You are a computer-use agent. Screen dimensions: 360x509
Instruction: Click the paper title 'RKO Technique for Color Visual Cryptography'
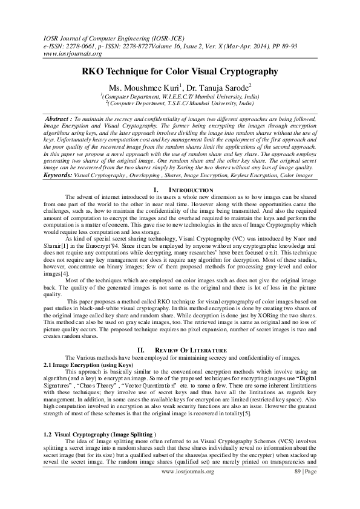point(180,71)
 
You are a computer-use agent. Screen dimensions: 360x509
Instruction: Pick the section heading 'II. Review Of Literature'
point(180,350)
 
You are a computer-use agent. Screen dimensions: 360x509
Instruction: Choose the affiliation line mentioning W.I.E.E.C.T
point(180,97)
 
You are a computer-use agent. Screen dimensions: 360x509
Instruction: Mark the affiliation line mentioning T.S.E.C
point(180,103)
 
